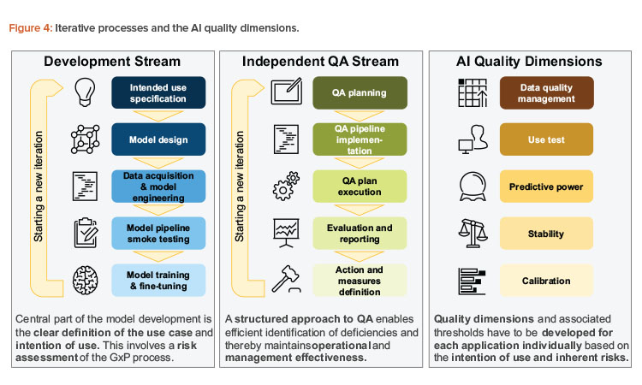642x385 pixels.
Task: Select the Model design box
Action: pos(160,139)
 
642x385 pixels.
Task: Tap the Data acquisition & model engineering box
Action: pos(160,187)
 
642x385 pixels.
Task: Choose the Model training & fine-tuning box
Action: pos(160,280)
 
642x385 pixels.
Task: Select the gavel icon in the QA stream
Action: pos(286,280)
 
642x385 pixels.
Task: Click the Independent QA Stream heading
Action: pos(322,62)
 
